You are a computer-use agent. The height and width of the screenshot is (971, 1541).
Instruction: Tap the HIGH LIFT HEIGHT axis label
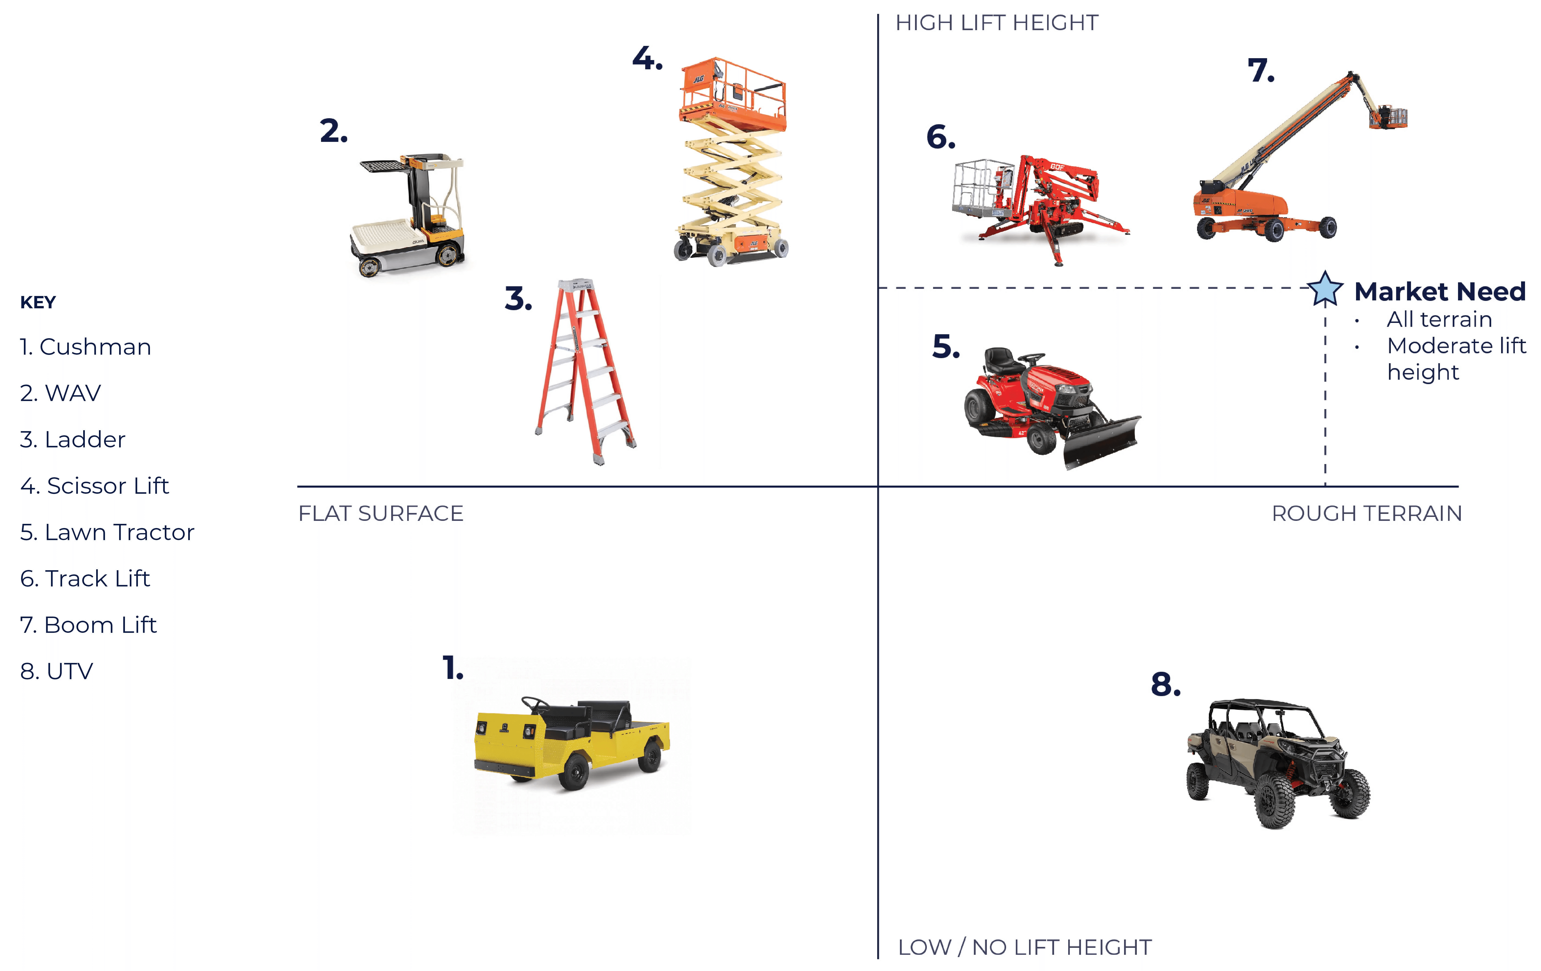point(996,23)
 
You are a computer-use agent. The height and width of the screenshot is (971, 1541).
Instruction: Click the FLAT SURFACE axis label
point(381,513)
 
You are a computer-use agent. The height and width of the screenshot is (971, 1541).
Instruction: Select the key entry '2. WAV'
point(60,393)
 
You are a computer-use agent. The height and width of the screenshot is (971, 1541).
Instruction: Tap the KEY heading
point(38,302)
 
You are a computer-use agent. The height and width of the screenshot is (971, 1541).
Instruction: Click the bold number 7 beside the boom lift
point(1261,70)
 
